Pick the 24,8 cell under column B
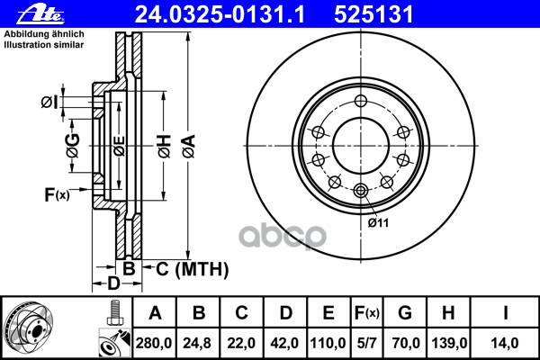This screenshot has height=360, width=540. pos(199,342)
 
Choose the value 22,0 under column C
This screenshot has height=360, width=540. pos(242,342)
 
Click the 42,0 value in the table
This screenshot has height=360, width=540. pos(285,342)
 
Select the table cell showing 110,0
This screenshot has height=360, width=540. pos(328,342)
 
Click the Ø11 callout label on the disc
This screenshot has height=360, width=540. pos(377,222)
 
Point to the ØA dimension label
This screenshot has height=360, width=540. pos(187,143)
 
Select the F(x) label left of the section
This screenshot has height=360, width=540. pos(57,194)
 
